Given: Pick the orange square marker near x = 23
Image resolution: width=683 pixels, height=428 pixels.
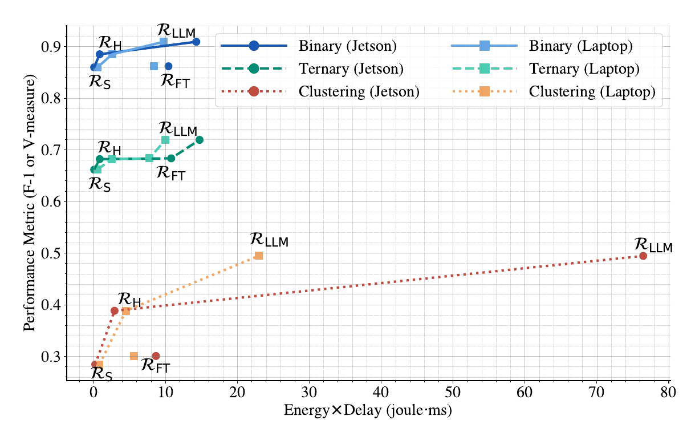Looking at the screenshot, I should (259, 256).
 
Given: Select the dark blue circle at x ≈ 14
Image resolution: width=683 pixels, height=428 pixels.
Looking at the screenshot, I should (196, 42).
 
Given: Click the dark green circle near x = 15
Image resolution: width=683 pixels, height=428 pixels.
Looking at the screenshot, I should (200, 140).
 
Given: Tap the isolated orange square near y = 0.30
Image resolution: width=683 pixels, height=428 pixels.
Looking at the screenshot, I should (134, 356).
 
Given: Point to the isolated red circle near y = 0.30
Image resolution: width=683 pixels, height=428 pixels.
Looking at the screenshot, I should (156, 356).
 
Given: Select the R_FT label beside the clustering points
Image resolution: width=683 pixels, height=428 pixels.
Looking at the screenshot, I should (156, 366).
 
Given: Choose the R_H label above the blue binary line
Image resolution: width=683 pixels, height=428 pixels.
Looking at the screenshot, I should (109, 42).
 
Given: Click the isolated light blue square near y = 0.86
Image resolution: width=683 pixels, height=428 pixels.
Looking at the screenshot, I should (154, 66).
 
